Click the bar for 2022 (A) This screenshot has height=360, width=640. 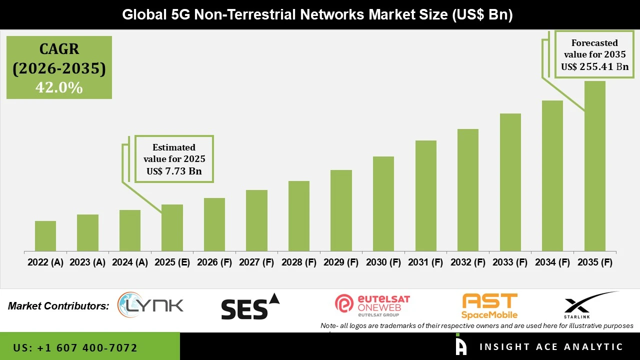click(45, 236)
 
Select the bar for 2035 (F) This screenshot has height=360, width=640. click(594, 166)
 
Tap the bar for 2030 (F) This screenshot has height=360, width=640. click(383, 203)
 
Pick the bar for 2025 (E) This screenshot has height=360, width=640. click(172, 227)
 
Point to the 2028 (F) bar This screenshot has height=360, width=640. click(299, 216)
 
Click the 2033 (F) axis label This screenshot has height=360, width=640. click(510, 262)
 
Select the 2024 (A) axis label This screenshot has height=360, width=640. click(130, 262)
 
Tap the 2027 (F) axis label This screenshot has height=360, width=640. click(256, 262)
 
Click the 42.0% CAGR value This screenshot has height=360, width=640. click(59, 87)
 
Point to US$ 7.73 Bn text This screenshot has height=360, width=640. click(174, 171)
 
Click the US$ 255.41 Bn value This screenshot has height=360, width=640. click(594, 66)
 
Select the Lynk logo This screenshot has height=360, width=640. click(150, 305)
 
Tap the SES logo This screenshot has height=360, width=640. click(250, 306)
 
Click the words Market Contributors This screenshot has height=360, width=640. click(58, 306)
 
